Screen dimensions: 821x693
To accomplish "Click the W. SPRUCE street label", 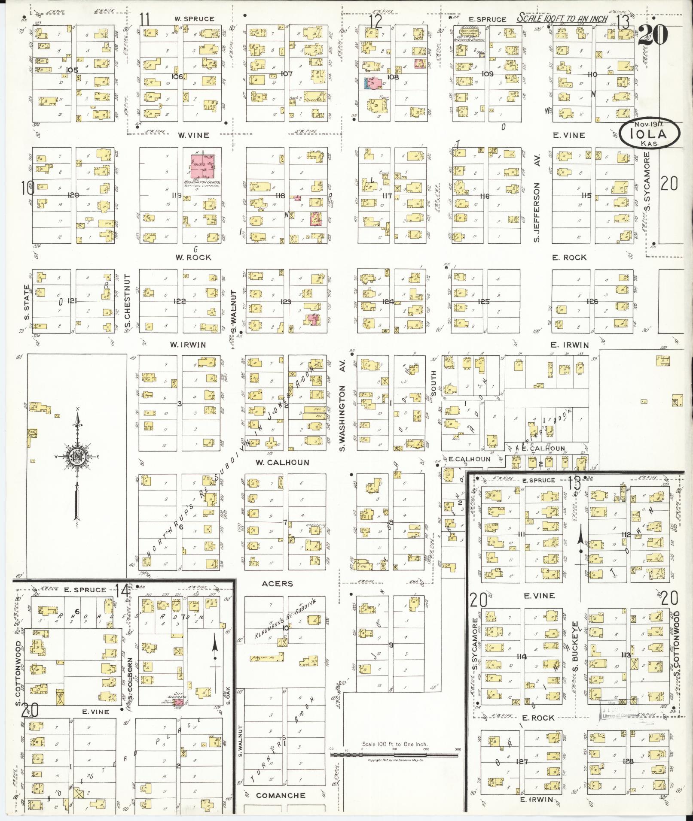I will pos(194,19).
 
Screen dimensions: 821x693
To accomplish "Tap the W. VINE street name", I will pos(194,135).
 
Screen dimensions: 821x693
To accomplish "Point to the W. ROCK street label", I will pos(193,258).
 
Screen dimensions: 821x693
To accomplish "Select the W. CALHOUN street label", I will pos(282,463).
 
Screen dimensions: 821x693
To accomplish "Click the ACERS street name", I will pos(278,584).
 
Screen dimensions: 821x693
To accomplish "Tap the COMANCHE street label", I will pos(281,795).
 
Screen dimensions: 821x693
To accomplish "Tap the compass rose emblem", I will pos(77,456).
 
